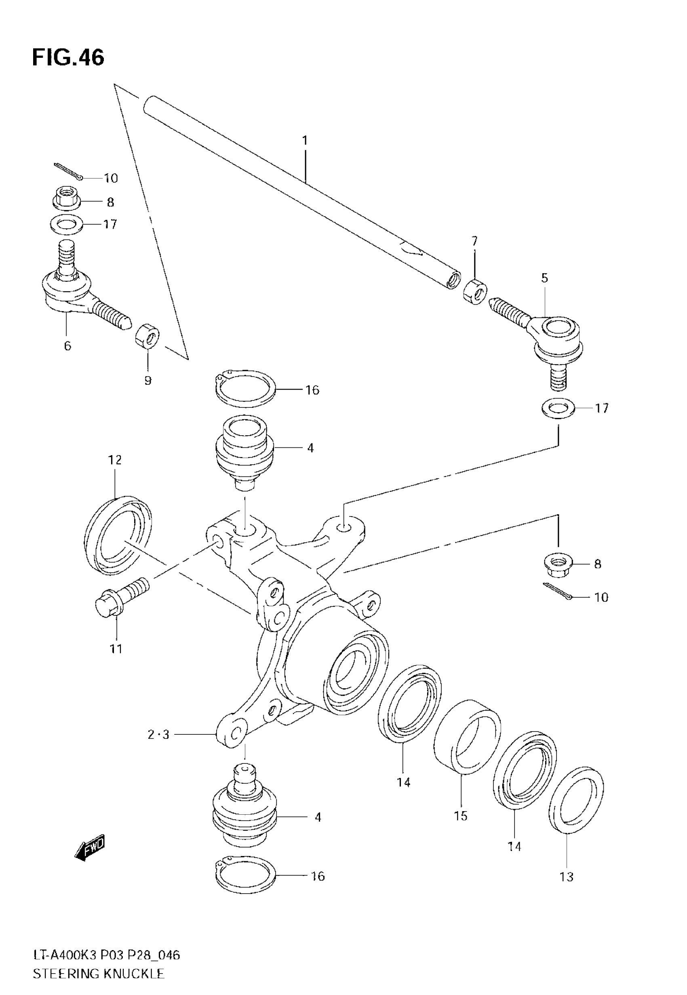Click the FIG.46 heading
68,58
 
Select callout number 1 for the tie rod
305,141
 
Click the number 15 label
461,816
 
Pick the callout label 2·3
158,735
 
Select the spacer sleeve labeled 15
467,729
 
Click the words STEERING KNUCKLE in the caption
99,974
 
